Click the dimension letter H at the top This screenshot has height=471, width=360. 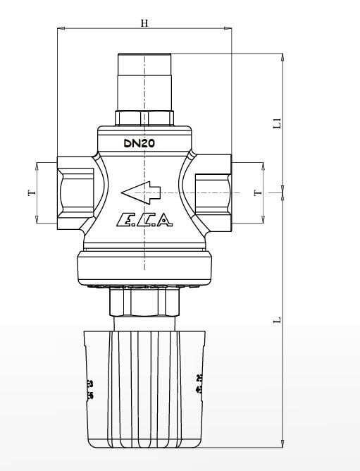click(144, 23)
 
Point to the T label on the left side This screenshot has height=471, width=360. click(30, 192)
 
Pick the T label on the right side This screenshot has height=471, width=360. click(257, 192)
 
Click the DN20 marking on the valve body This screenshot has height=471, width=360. click(139, 143)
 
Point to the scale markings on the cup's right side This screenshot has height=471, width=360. click(198, 385)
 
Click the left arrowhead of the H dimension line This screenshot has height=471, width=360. click(60, 29)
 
